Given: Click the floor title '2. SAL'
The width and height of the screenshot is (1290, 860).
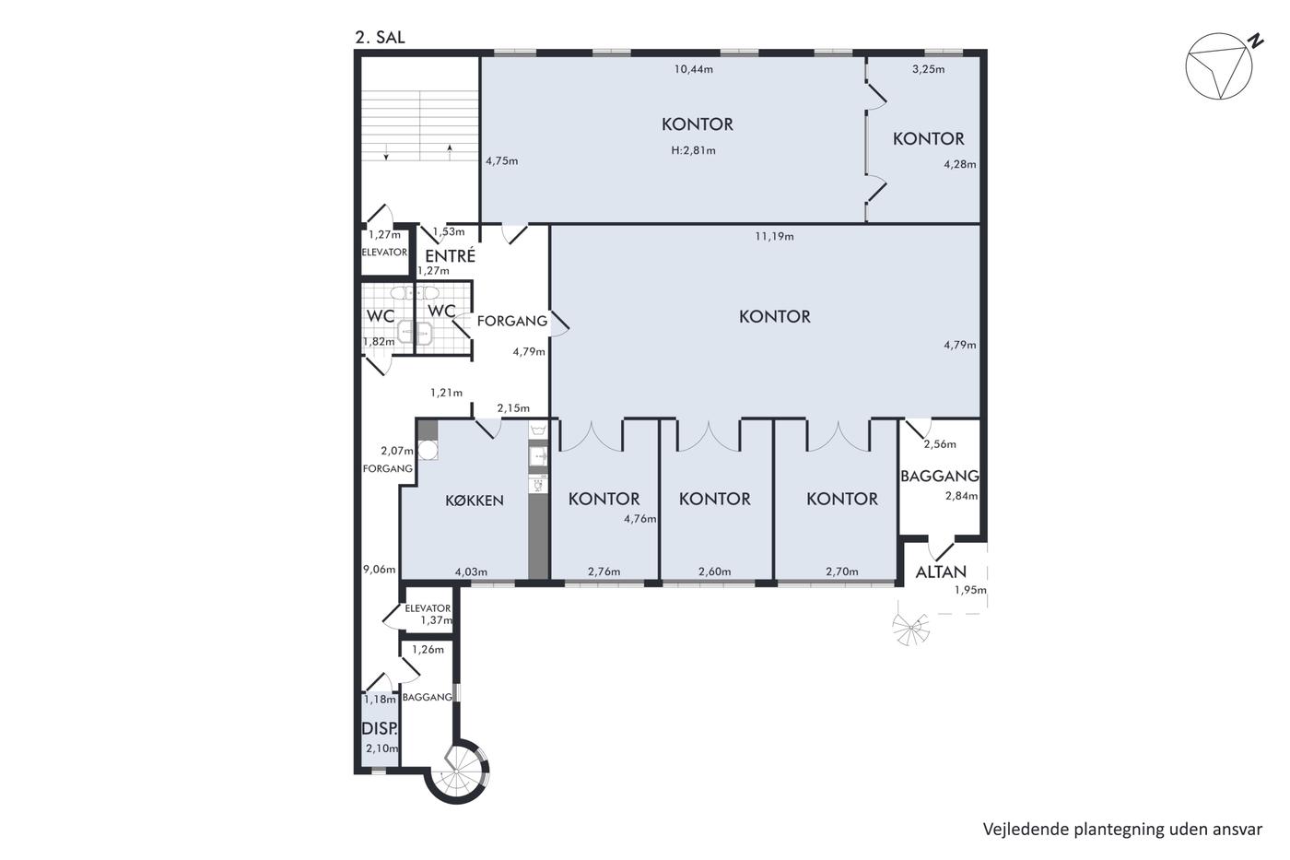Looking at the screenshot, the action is pos(380,38).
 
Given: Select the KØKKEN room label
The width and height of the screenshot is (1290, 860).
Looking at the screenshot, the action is pos(475,501).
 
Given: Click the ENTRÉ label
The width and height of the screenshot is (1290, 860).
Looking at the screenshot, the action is pos(451,255).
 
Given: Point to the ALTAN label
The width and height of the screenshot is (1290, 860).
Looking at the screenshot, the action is pos(941,572).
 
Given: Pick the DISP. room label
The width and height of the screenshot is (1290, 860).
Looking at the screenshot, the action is pos(380,729).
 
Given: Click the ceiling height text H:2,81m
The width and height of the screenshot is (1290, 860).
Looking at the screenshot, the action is pos(693,151).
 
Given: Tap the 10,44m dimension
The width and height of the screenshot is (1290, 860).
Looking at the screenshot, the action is pos(694,70).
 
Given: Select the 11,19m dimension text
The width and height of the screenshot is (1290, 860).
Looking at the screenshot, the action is pos(775,236).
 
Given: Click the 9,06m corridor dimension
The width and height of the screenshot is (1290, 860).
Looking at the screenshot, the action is pos(379,570).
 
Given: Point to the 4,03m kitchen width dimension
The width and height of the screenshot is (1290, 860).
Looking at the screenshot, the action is pos(471,572).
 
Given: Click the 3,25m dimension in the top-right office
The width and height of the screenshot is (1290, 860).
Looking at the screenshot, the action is pos(929,70).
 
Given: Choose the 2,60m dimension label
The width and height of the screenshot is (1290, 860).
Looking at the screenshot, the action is pos(715,571).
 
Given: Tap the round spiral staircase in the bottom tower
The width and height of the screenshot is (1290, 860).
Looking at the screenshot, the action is pos(457,772).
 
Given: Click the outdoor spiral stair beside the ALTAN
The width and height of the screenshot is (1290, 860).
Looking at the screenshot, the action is pos(910,629).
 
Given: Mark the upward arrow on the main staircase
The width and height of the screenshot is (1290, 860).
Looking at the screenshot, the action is pos(450,151).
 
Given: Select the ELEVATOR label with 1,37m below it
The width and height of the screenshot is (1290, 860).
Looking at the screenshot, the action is pos(428,608).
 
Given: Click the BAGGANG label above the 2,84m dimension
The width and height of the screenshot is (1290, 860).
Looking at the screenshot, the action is pos(940,476).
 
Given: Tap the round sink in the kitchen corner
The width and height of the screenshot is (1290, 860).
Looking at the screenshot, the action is pos(428,450).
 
